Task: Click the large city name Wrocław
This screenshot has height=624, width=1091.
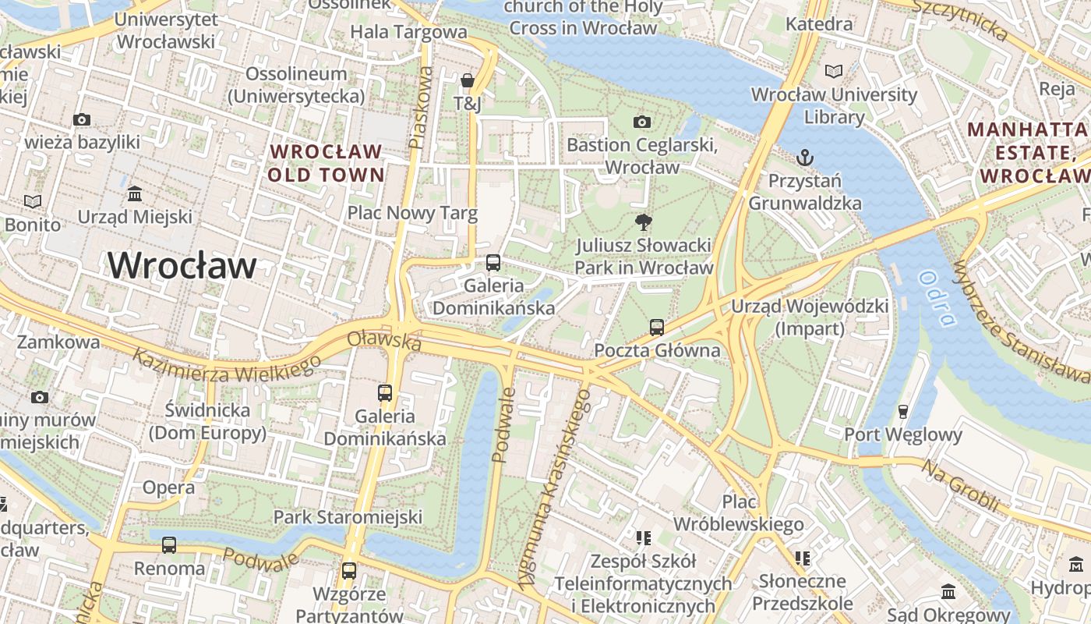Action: tap(182, 265)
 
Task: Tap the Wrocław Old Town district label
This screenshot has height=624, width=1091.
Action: tap(326, 163)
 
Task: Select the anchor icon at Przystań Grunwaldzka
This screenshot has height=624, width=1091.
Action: tap(804, 158)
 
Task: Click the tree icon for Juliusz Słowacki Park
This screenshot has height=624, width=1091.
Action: tap(643, 222)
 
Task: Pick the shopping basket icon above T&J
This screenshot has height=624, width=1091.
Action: tap(467, 80)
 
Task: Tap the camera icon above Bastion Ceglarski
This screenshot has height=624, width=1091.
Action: tap(641, 122)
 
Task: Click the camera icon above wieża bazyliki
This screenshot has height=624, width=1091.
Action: tap(82, 119)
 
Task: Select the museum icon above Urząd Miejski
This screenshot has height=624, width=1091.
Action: tap(135, 193)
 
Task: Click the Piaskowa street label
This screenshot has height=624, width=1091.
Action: tap(420, 108)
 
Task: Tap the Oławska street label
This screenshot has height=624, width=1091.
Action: tap(384, 340)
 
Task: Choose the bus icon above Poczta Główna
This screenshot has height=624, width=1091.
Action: tap(657, 327)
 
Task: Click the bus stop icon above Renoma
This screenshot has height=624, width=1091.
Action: tap(169, 544)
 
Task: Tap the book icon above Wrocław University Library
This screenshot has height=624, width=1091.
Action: tap(834, 71)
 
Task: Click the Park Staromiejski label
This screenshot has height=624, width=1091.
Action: tap(348, 516)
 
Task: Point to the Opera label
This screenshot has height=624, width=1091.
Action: tap(168, 487)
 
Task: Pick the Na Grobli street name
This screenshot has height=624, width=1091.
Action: tap(960, 485)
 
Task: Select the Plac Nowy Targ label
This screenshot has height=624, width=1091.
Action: tap(412, 213)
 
